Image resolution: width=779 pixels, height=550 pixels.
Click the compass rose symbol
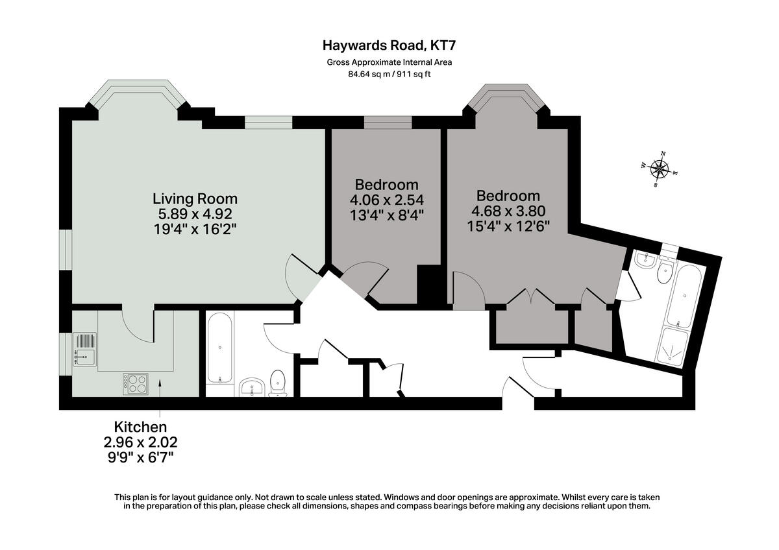pyautogui.click(x=660, y=170)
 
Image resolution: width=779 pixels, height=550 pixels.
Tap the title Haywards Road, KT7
pyautogui.click(x=393, y=45)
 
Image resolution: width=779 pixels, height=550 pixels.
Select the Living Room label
pyautogui.click(x=195, y=198)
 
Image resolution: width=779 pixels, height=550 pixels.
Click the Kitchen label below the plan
pyautogui.click(x=141, y=427)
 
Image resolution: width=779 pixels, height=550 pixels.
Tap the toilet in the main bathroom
pyautogui.click(x=278, y=381)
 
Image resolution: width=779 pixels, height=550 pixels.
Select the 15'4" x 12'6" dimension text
pyautogui.click(x=508, y=226)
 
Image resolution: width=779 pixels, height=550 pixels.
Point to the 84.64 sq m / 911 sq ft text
pyautogui.click(x=389, y=74)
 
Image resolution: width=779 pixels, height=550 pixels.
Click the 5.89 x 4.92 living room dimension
pyautogui.click(x=195, y=213)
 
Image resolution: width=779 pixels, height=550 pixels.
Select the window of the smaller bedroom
pyautogui.click(x=388, y=123)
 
